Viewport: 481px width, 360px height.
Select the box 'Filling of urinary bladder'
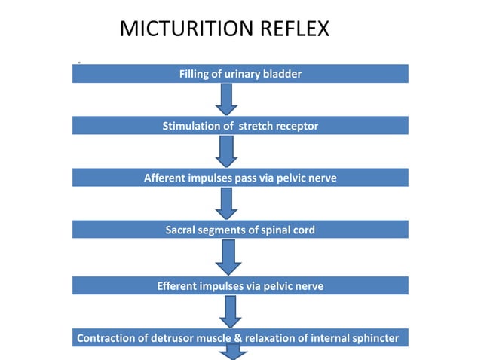[240, 74]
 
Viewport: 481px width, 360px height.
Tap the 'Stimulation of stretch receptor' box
[240, 126]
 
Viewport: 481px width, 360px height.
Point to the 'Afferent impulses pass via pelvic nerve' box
[240, 178]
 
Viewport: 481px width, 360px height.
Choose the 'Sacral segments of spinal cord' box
[240, 230]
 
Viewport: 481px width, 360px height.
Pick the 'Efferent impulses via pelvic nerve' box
[240, 286]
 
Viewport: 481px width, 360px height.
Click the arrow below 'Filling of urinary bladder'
[228, 99]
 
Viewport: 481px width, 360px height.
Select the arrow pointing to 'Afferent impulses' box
[228, 151]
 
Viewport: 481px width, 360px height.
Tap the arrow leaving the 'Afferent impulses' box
[228, 203]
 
